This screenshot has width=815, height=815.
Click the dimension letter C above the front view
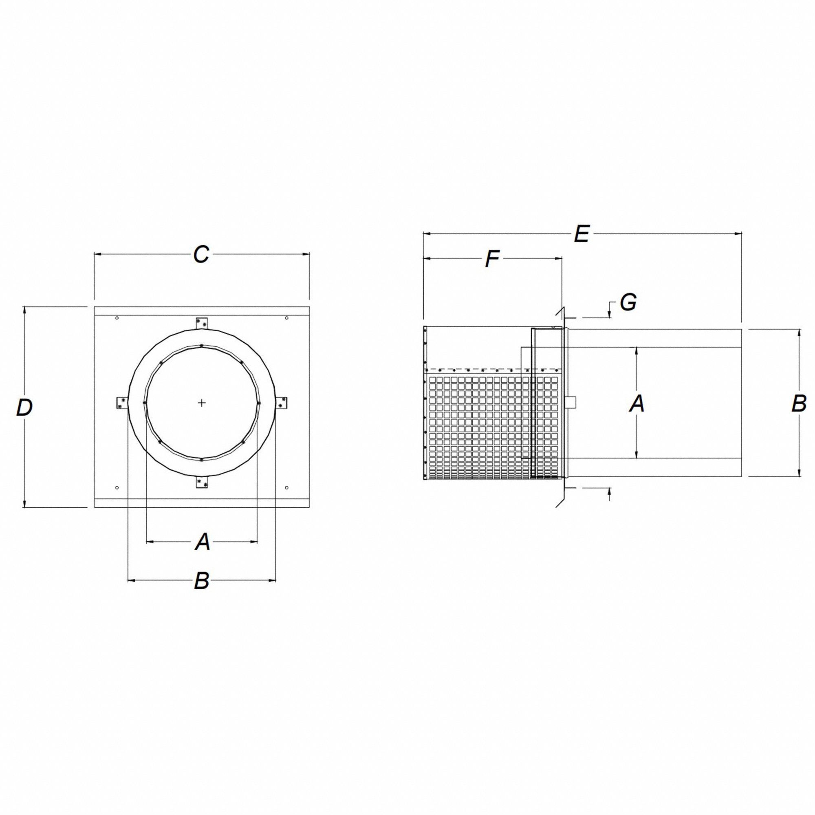pyautogui.click(x=201, y=254)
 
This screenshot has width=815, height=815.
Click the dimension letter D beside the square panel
pyautogui.click(x=24, y=407)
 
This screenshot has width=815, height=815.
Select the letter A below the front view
pyautogui.click(x=203, y=542)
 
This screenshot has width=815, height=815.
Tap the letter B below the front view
pyautogui.click(x=202, y=581)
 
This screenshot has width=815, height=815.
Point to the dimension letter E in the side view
pyautogui.click(x=582, y=234)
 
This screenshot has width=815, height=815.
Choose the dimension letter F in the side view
pyautogui.click(x=492, y=259)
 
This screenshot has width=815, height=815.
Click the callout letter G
pyautogui.click(x=628, y=302)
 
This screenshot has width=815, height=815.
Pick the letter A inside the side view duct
pyautogui.click(x=637, y=404)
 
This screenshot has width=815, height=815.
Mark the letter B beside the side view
pyautogui.click(x=799, y=403)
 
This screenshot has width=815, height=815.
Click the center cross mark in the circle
pyautogui.click(x=202, y=403)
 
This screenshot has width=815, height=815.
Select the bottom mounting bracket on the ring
pyautogui.click(x=203, y=483)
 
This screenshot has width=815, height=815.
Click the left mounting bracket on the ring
pyautogui.click(x=122, y=403)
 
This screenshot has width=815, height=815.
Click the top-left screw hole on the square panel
pyautogui.click(x=117, y=318)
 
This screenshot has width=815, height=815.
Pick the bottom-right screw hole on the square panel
pyautogui.click(x=287, y=488)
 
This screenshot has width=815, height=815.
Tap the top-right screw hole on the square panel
pyautogui.click(x=287, y=318)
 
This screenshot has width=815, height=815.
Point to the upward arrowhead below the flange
pyautogui.click(x=610, y=491)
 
